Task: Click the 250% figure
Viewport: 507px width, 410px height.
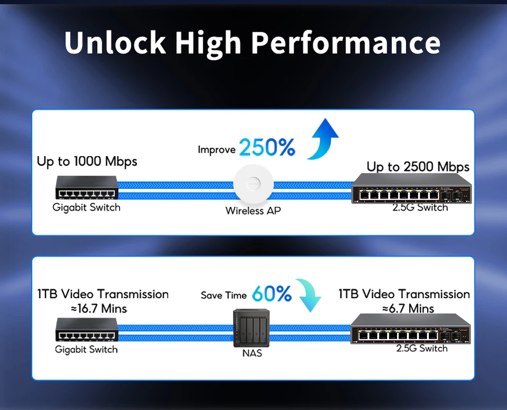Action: coord(267,148)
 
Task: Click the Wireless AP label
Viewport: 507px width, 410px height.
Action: coord(253,211)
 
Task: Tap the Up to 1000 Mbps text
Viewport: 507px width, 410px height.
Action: coord(87,161)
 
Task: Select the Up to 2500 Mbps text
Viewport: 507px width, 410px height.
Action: coord(418,167)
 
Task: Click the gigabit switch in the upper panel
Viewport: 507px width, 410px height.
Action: coord(86,188)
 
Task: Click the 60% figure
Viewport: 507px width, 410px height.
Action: coord(271,294)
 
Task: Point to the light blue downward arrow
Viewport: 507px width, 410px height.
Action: coord(309,295)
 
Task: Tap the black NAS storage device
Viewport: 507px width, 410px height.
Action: coord(251,327)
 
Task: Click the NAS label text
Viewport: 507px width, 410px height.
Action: coord(252,353)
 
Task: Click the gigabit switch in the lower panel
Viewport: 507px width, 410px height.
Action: coord(86,330)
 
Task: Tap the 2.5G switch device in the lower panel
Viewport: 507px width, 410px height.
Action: coord(410,329)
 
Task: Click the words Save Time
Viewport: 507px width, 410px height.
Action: coord(223,295)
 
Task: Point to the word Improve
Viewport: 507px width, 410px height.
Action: coord(217,150)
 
